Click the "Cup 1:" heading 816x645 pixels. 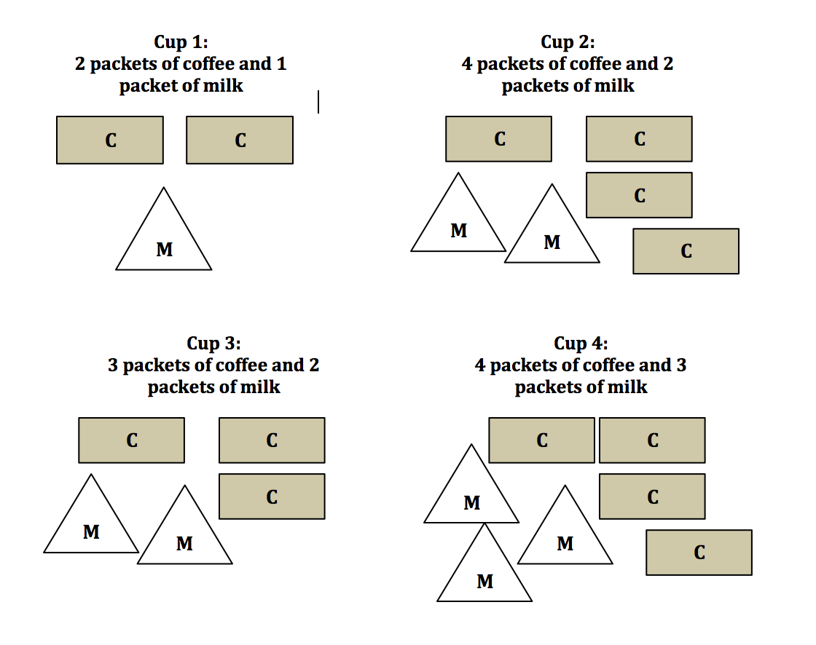click(181, 42)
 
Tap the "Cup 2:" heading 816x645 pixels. click(568, 42)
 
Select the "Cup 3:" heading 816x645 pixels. click(213, 343)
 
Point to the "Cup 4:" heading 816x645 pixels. click(581, 343)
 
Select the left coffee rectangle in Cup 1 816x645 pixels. click(110, 140)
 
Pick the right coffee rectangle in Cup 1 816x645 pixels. click(240, 140)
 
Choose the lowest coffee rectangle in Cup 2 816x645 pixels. click(686, 251)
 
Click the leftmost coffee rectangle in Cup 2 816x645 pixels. click(499, 139)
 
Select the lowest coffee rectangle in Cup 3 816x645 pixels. click(272, 496)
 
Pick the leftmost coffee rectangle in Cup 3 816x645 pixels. click(131, 440)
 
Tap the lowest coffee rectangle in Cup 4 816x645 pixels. click(699, 553)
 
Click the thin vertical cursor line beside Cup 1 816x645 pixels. click(318, 102)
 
